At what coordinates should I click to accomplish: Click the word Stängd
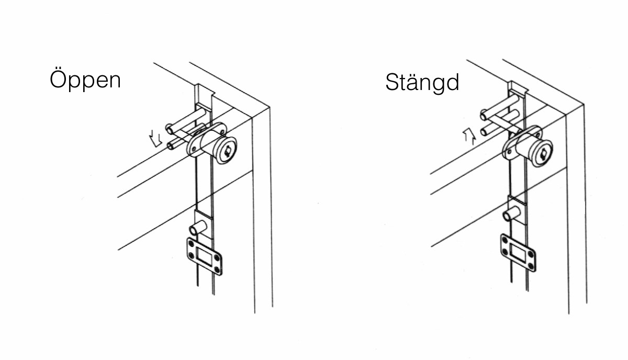tap(422, 82)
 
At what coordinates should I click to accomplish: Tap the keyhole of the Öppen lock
tap(227, 152)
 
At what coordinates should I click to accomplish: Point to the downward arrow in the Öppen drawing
tap(155, 139)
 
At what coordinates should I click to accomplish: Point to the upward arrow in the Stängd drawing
tap(469, 137)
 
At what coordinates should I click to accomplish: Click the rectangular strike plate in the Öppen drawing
tap(205, 256)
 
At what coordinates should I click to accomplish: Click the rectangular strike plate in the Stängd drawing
tap(519, 253)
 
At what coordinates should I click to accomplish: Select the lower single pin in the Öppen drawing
tap(198, 228)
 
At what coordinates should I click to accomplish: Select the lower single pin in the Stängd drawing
tap(512, 213)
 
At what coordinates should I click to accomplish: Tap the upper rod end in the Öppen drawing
tap(169, 129)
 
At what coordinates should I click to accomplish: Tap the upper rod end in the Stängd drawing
tap(484, 115)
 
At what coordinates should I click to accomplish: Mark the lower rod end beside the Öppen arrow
tap(170, 146)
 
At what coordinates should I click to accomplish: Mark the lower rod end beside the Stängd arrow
tap(484, 131)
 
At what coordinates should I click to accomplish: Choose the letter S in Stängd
tap(392, 82)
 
